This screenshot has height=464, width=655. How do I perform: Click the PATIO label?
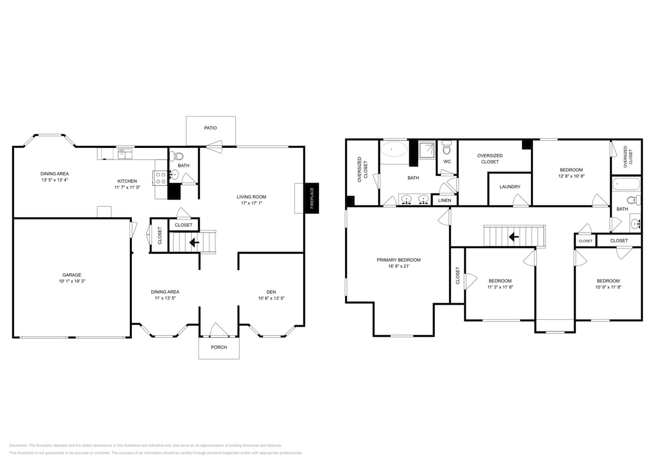click(210, 128)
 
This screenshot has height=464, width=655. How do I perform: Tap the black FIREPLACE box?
click(312, 198)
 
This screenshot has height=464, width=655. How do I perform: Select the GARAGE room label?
click(72, 275)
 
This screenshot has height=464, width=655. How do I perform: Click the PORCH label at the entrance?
click(219, 347)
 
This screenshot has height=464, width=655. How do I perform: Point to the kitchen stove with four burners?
click(161, 178)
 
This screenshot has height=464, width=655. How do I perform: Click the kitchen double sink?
click(125, 154)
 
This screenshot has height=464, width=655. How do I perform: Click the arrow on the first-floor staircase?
click(195, 242)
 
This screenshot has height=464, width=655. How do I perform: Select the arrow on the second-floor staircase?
click(513, 237)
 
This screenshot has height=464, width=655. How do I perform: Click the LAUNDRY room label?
click(510, 187)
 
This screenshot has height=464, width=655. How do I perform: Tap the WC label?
click(447, 161)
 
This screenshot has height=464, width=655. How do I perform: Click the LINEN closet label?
click(444, 200)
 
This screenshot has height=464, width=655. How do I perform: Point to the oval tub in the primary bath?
click(394, 150)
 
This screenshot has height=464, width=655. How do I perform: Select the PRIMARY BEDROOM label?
click(399, 260)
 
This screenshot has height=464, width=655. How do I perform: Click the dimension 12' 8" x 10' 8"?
click(571, 176)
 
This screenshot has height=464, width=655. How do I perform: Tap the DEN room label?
click(271, 292)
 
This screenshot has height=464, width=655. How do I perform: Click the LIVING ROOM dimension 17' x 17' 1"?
click(251, 203)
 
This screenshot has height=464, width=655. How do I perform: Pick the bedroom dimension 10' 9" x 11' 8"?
click(608, 287)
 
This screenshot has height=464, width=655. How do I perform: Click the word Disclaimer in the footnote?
click(18, 445)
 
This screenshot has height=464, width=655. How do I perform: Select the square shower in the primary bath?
click(426, 150)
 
